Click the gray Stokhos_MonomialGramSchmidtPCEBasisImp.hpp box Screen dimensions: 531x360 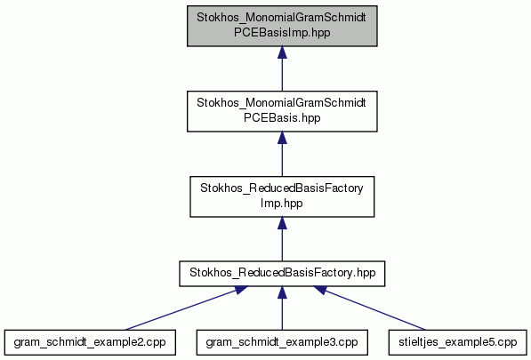coord(282,26)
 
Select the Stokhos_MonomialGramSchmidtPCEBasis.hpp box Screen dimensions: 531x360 coord(282,111)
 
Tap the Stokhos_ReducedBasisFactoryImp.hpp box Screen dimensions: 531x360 coord(282,196)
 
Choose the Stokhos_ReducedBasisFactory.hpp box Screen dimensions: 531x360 coord(282,274)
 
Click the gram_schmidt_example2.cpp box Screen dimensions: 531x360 coord(90,342)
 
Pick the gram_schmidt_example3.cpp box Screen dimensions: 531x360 coord(282,342)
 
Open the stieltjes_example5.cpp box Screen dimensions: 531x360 coord(458,342)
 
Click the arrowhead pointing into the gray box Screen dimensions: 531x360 coord(282,52)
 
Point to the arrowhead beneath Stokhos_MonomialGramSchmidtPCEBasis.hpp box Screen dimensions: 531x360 coord(282,138)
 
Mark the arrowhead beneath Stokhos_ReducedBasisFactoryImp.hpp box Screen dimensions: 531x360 coord(282,223)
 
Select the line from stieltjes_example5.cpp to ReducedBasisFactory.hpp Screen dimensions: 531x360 coord(369,308)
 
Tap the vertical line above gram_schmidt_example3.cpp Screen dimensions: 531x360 coord(282,308)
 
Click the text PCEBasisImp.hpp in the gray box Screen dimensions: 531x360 coord(282,33)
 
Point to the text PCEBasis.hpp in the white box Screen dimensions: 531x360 coord(282,118)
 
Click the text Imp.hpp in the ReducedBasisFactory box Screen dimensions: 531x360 coord(281,204)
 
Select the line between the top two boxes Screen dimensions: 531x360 coord(282,68)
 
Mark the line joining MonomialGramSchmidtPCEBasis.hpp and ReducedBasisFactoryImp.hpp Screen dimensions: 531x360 coord(282,154)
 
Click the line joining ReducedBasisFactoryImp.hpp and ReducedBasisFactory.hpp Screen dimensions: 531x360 coord(282,239)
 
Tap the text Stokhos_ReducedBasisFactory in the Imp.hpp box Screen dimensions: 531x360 coord(282,188)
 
